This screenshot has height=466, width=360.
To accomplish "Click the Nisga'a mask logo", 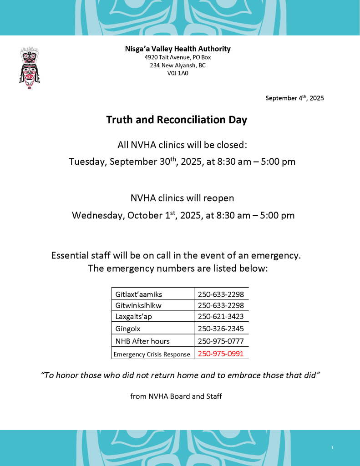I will click(x=29, y=68).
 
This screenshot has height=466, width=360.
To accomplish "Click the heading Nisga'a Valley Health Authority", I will click(x=177, y=49).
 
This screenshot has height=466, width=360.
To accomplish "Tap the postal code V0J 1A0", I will click(x=177, y=73).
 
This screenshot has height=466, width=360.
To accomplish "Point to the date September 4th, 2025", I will click(x=294, y=97).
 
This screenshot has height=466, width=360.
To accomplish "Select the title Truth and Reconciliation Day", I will click(x=177, y=120).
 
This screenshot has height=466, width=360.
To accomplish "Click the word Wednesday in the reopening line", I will click(x=97, y=215).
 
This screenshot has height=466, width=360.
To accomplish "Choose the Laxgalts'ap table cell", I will click(x=133, y=317).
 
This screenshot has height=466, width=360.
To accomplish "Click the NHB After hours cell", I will click(x=142, y=341).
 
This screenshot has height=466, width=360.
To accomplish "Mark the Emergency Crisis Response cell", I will click(x=152, y=354).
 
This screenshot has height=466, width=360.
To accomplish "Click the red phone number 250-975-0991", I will click(x=221, y=353).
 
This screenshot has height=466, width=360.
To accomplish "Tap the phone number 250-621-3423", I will click(x=221, y=317).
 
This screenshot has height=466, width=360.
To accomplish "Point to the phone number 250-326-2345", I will click(x=221, y=329).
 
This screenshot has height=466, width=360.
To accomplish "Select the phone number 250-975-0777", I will click(x=221, y=341).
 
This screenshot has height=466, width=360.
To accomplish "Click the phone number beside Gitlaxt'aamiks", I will click(x=221, y=294).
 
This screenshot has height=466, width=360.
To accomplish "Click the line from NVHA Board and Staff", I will click(x=176, y=396).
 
